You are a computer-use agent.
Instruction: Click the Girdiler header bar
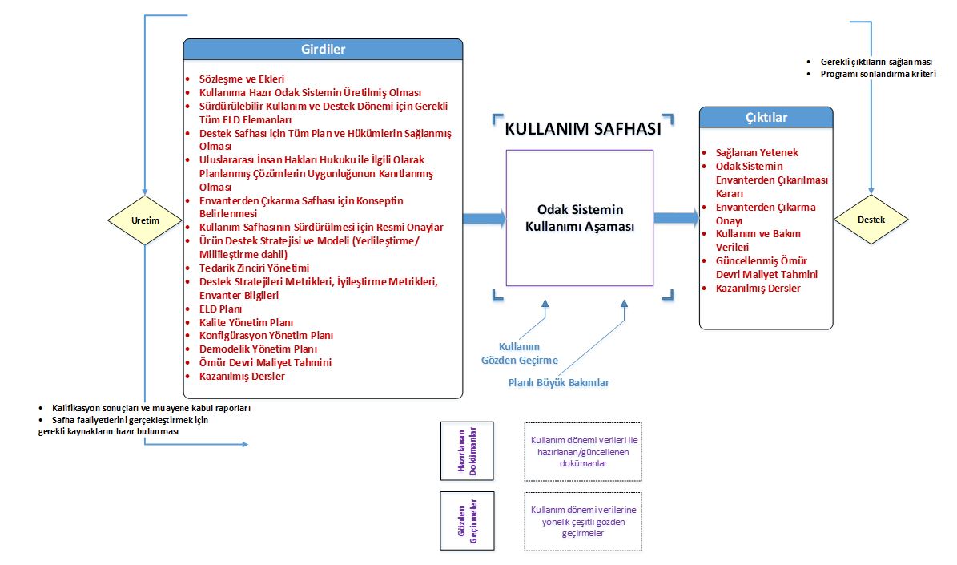[x=323, y=49]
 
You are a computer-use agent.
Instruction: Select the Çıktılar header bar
[x=766, y=117]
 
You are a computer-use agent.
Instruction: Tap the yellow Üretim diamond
[x=145, y=220]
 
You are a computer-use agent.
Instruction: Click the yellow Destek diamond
[x=871, y=220]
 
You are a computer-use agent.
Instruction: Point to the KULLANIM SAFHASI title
[x=583, y=129]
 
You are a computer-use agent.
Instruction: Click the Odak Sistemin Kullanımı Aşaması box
[x=580, y=218]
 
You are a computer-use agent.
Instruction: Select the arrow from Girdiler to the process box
[x=485, y=218]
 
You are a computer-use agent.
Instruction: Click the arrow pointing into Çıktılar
[x=677, y=217]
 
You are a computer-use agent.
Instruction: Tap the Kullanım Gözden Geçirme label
[x=520, y=353]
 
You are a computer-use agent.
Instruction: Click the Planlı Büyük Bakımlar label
[x=559, y=383]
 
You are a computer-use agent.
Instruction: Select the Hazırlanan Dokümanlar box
[x=467, y=450]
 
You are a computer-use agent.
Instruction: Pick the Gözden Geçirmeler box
[x=468, y=521]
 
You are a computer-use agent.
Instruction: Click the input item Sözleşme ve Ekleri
[x=242, y=79]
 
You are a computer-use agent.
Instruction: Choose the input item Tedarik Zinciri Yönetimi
[x=254, y=268]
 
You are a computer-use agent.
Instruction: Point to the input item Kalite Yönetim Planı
[x=246, y=322]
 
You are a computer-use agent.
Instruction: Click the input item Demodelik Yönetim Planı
[x=258, y=349]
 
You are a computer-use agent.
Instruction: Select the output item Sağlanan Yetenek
[x=757, y=153]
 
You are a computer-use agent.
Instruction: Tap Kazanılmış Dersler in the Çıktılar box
[x=758, y=289]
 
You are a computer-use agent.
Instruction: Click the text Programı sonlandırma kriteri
[x=878, y=74]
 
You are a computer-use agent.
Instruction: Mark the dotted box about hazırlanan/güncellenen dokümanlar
[x=583, y=451]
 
